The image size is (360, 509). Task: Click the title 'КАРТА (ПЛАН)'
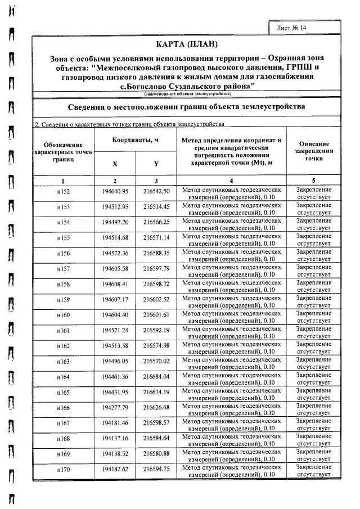(x=186, y=44)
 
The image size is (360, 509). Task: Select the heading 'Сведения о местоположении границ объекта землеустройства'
(x=186, y=106)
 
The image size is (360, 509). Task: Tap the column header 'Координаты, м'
(x=135, y=140)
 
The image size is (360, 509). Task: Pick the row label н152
(x=63, y=192)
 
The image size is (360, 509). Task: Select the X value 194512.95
(x=115, y=207)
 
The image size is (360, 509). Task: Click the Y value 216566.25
(x=156, y=222)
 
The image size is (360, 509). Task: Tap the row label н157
(x=63, y=269)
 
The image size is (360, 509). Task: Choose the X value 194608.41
(x=115, y=284)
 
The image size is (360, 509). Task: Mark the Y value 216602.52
(x=156, y=299)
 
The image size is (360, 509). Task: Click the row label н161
(x=63, y=330)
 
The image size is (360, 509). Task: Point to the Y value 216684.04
(x=156, y=376)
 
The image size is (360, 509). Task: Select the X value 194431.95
(x=115, y=391)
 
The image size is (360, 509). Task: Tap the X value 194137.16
(x=115, y=438)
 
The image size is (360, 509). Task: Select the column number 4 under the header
(x=231, y=181)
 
